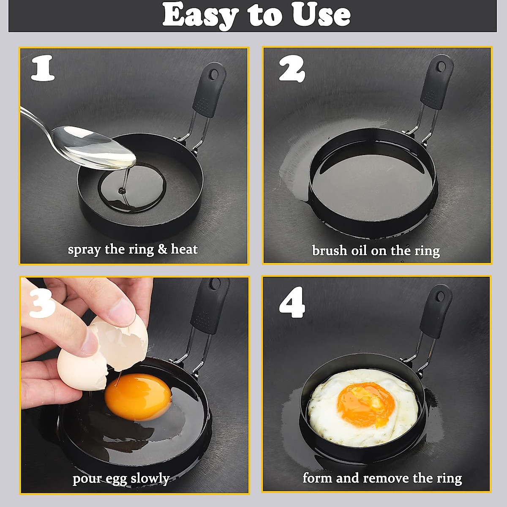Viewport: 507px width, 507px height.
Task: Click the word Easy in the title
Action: [x=200, y=15]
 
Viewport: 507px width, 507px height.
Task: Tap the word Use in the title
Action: [x=321, y=15]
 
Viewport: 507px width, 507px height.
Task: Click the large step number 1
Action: [x=43, y=68]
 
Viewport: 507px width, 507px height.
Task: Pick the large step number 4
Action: [x=292, y=303]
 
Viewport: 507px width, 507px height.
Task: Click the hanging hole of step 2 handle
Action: [x=441, y=67]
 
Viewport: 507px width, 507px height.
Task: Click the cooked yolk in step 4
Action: [x=366, y=405]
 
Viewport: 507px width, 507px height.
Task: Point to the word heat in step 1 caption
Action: [x=184, y=249]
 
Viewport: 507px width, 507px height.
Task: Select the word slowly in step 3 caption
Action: [x=150, y=479]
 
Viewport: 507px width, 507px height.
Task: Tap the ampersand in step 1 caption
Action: [x=162, y=249]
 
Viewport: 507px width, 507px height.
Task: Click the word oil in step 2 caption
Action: [x=360, y=251]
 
